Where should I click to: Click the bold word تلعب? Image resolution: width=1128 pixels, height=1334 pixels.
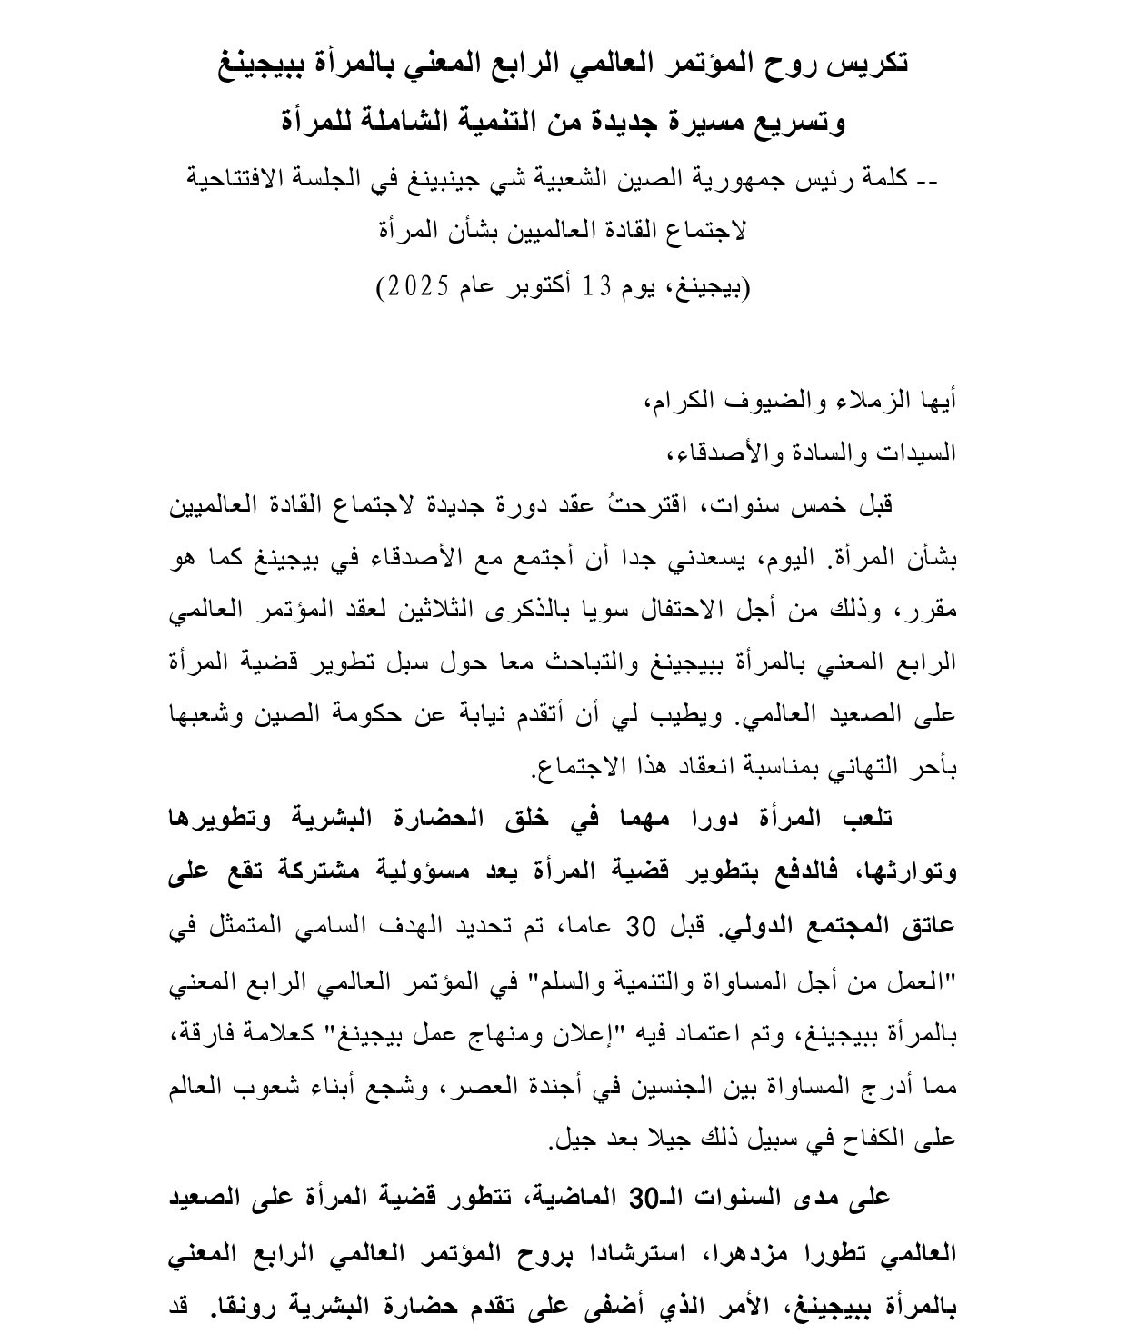(x=866, y=819)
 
